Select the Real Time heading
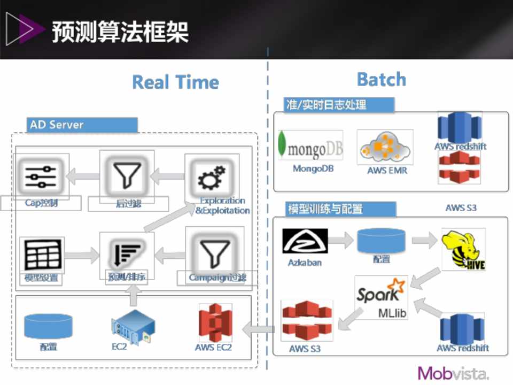tap(175, 82)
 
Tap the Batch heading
tap(381, 80)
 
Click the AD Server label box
tap(82, 125)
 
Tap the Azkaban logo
tap(305, 241)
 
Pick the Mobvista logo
tap(453, 373)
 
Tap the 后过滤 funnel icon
tap(127, 175)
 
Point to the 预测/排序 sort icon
tap(127, 252)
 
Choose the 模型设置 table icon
tap(42, 255)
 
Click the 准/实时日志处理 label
tap(339, 105)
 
